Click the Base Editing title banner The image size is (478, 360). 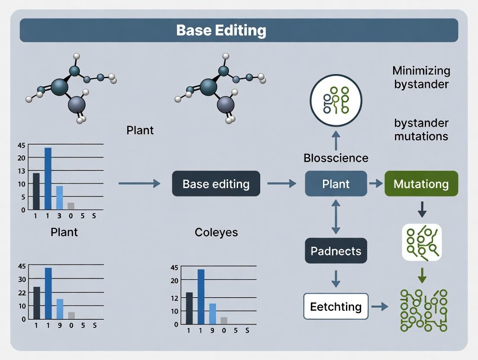pyautogui.click(x=239, y=30)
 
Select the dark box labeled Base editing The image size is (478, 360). pyautogui.click(x=216, y=183)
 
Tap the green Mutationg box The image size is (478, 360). pyautogui.click(x=421, y=183)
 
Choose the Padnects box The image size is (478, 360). pyautogui.click(x=336, y=251)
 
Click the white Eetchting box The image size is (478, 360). pyautogui.click(x=336, y=306)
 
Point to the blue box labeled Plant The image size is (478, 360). pyautogui.click(x=336, y=183)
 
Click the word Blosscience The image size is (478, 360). pyautogui.click(x=336, y=158)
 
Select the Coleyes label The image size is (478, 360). pyautogui.click(x=216, y=232)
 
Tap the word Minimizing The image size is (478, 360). pyautogui.click(x=421, y=71)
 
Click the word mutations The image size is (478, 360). pyautogui.click(x=421, y=136)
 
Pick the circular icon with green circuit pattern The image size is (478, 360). pyautogui.click(x=336, y=100)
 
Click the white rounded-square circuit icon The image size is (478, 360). pyautogui.click(x=422, y=242)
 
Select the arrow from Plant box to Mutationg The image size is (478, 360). pyautogui.click(x=376, y=183)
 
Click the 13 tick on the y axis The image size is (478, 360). pyautogui.click(x=22, y=170)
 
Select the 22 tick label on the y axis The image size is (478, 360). pyautogui.click(x=22, y=292)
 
